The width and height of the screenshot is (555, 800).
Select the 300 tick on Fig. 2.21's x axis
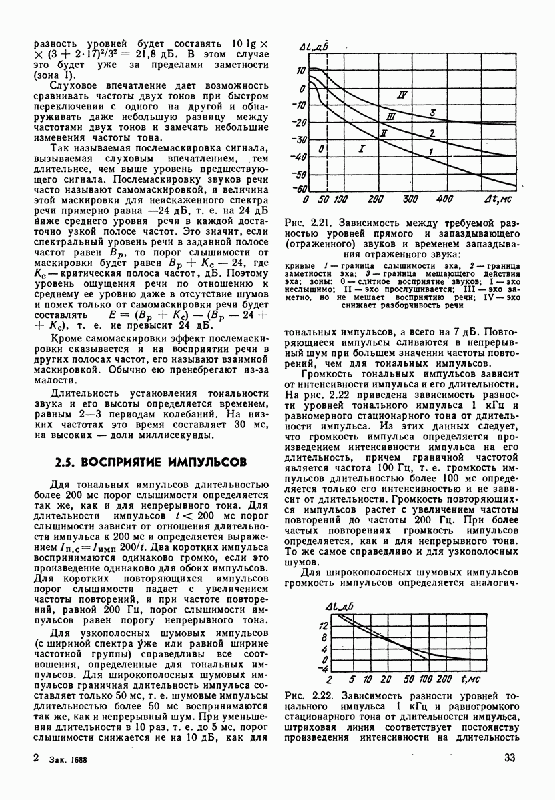(x=411, y=199)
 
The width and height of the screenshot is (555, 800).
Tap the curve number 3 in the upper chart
(x=432, y=113)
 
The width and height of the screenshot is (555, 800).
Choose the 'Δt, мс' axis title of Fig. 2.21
(x=498, y=199)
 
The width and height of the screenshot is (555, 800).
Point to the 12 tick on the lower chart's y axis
(x=323, y=625)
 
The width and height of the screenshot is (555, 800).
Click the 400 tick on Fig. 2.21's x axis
(x=445, y=199)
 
